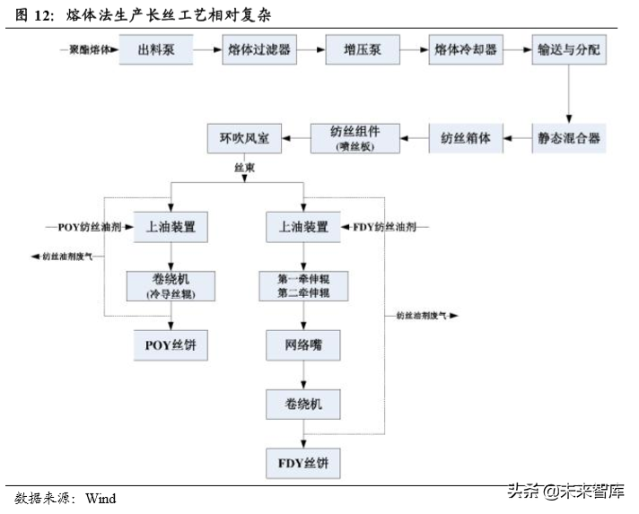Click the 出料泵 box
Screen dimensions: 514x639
(156, 50)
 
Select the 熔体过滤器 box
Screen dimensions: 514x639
(259, 50)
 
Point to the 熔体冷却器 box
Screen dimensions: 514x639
(465, 50)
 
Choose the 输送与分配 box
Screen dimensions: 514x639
(568, 50)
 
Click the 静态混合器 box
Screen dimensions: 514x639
(568, 138)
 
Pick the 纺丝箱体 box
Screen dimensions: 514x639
(465, 138)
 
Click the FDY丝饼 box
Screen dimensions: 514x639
(304, 465)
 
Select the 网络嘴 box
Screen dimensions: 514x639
(304, 344)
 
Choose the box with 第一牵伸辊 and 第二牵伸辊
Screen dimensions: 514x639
(304, 286)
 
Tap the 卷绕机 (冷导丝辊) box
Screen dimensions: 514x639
(170, 286)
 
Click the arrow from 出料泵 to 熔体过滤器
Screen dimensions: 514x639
(207, 50)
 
